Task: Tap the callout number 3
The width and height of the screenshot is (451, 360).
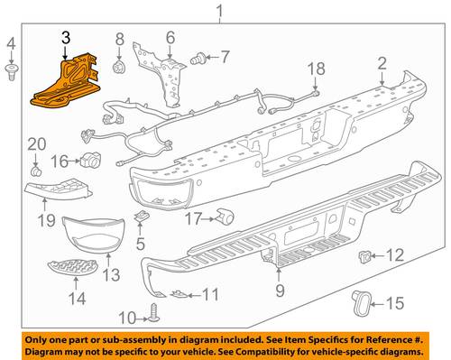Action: click(66, 38)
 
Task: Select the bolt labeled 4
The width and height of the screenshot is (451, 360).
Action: click(11, 72)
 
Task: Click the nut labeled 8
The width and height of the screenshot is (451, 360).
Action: click(118, 68)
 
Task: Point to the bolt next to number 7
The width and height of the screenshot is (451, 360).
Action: click(198, 59)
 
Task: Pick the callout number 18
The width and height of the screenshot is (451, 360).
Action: click(317, 69)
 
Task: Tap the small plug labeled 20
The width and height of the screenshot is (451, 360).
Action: click(36, 172)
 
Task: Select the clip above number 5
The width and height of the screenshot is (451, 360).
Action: click(140, 217)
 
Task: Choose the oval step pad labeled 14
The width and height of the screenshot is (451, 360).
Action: click(73, 267)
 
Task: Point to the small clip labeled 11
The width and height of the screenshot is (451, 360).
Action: click(178, 294)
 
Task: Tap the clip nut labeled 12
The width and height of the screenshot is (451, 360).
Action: click(364, 256)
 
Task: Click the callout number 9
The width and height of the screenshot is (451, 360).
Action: click(280, 291)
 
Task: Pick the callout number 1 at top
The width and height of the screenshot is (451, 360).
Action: click(220, 11)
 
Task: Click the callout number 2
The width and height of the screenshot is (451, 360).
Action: click(382, 64)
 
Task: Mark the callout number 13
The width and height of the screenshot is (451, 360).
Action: click(111, 275)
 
